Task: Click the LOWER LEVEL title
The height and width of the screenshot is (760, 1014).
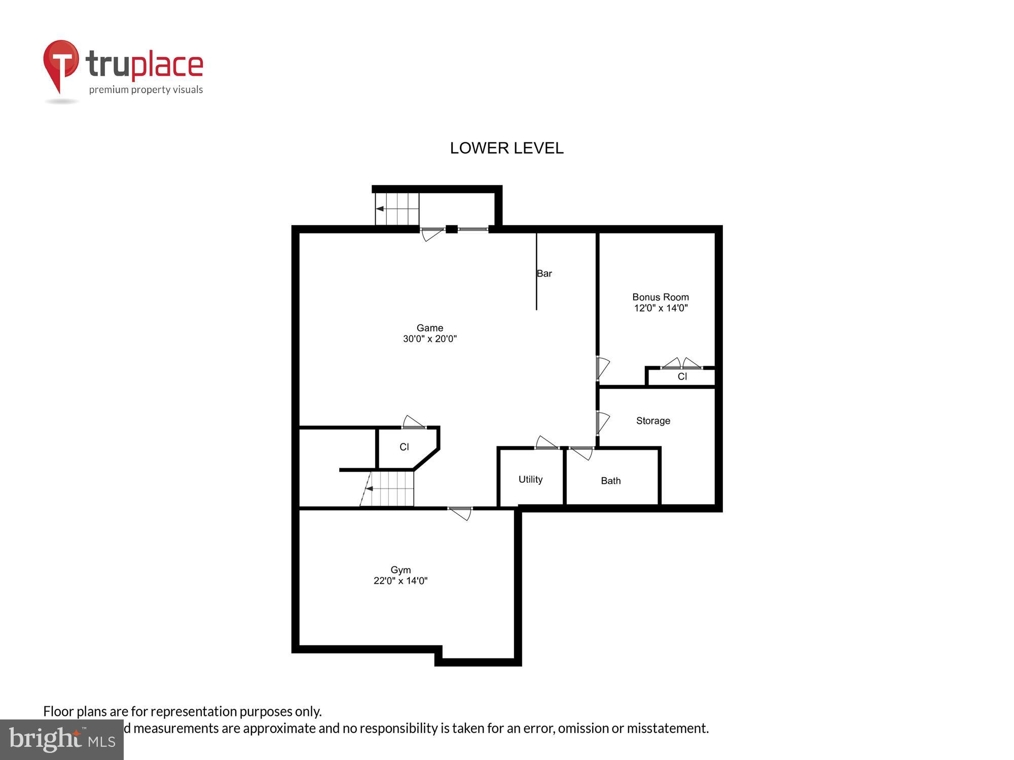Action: coord(506,148)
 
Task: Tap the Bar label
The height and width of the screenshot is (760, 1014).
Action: coord(544,274)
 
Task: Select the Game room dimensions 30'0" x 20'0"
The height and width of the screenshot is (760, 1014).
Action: coord(429,339)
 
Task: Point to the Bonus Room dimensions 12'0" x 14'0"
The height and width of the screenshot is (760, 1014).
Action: coord(660,308)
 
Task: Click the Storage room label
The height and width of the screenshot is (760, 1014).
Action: coord(653,421)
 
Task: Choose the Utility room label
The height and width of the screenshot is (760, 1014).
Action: coord(530,479)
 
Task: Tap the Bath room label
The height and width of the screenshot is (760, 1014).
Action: coord(610,481)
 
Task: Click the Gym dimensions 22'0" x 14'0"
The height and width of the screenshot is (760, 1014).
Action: coord(400,581)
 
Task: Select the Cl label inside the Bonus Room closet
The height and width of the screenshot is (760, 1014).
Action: coord(682,376)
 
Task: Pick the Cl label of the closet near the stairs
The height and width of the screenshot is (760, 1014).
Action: coord(404,447)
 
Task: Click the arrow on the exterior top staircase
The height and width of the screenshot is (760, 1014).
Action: coord(380,209)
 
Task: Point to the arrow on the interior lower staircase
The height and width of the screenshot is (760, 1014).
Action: coord(370,489)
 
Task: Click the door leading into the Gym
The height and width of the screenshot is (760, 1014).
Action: coord(460,512)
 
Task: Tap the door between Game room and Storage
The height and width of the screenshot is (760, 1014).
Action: coord(602,423)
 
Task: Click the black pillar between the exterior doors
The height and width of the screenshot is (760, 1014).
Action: coord(451,229)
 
